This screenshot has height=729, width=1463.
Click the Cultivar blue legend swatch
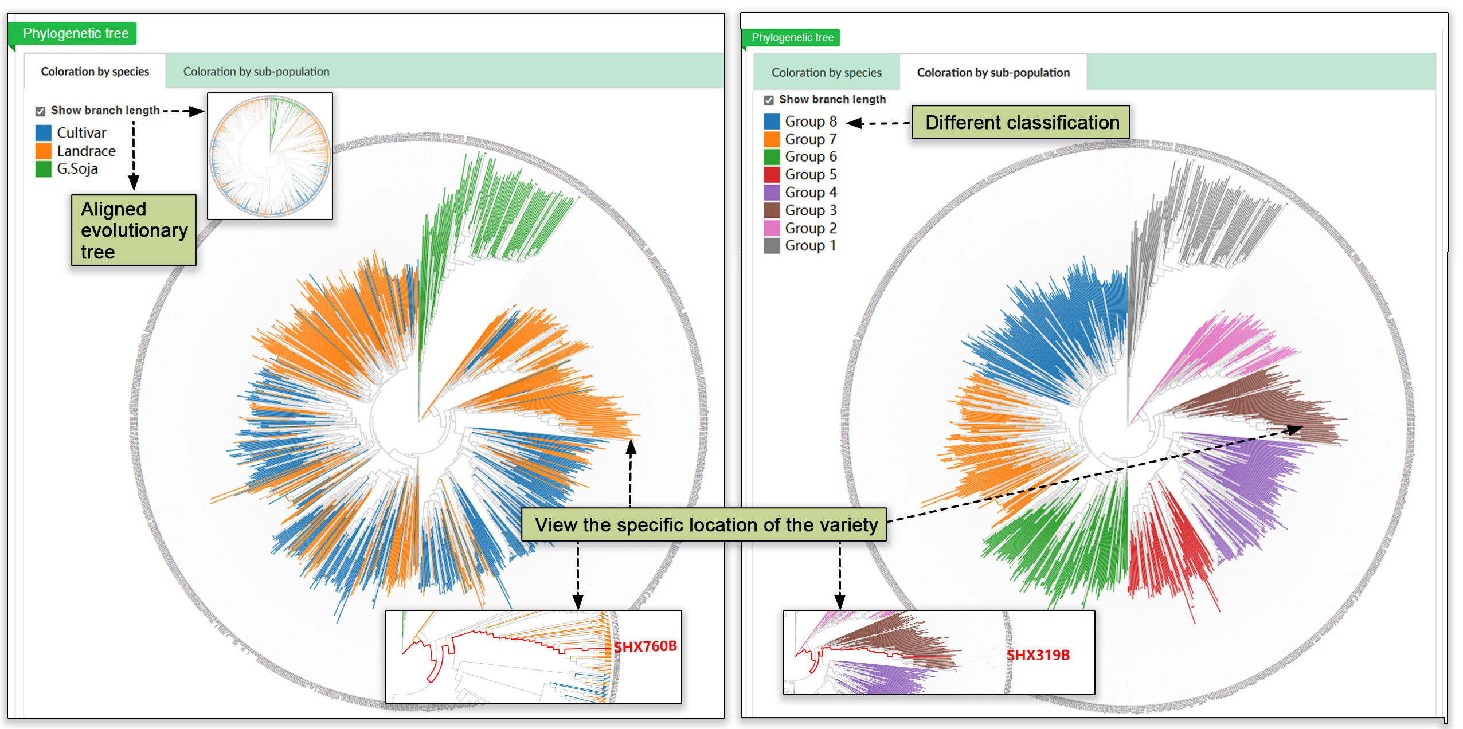[44, 133]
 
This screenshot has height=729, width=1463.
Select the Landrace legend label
[86, 151]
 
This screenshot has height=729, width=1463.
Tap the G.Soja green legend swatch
[44, 169]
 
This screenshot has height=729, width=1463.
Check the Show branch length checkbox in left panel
[41, 111]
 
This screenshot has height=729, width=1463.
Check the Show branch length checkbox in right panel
[769, 100]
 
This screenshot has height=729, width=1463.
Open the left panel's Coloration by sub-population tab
[256, 72]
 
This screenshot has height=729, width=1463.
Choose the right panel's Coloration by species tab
[826, 73]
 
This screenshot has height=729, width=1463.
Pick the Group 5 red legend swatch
[772, 174]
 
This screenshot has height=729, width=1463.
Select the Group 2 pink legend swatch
[772, 228]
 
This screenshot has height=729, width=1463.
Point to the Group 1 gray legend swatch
[772, 246]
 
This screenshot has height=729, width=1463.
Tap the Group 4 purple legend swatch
[772, 193]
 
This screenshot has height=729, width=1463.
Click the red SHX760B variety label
[645, 646]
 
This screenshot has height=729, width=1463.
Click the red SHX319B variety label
[1038, 655]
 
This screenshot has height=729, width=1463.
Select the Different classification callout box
[1021, 122]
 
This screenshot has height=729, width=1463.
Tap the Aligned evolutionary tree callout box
[134, 230]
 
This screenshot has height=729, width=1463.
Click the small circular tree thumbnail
[270, 156]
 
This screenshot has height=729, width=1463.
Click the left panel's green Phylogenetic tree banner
[75, 34]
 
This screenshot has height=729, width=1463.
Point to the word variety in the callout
[850, 525]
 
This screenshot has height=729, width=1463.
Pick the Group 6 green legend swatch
[772, 156]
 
